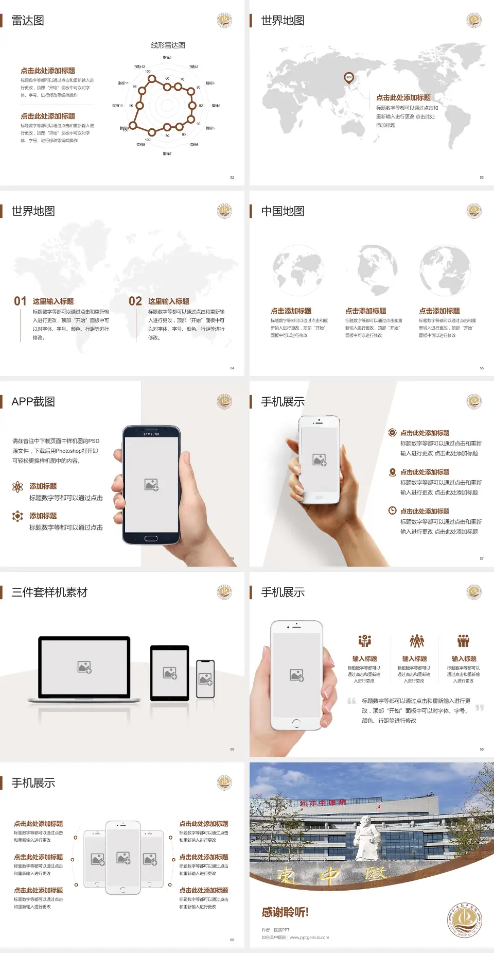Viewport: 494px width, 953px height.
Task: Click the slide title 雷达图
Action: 28,21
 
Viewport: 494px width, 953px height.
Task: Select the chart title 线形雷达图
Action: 168,45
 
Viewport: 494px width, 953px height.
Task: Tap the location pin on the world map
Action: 349,78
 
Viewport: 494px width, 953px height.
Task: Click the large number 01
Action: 20,301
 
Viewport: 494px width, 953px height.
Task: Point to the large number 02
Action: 135,301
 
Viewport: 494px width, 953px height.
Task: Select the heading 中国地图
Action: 283,211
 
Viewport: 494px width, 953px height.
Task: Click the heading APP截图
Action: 33,402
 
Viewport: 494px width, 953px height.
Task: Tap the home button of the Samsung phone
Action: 151,538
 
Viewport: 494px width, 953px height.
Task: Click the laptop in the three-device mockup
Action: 84,669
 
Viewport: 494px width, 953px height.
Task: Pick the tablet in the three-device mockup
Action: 170,673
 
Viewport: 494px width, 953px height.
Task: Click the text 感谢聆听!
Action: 285,912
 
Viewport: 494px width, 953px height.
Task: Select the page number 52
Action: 232,177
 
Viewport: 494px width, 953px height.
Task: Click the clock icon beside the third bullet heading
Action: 392,510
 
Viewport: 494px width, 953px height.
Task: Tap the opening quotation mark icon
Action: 351,701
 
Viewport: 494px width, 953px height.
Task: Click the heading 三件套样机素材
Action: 49,592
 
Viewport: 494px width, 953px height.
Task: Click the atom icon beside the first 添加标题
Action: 17,487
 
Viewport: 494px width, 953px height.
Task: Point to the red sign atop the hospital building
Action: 323,803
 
